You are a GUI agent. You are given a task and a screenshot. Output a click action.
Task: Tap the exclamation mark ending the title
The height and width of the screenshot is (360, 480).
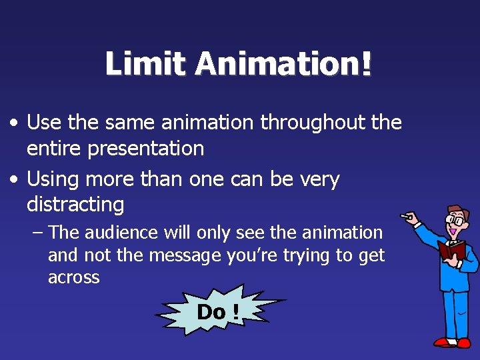coord(365,65)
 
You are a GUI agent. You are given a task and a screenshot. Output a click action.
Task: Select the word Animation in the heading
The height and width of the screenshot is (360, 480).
coord(275,65)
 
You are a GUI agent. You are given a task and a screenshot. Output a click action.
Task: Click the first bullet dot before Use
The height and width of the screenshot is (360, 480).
coord(15,123)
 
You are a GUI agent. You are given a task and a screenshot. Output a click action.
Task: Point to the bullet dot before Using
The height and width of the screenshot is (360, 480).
coord(15,180)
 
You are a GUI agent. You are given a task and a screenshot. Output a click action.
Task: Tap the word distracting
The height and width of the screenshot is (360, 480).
coord(75,204)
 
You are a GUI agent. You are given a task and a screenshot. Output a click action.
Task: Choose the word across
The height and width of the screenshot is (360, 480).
coord(73,277)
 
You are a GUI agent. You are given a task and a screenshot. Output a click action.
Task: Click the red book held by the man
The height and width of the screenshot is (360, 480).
coord(451,250)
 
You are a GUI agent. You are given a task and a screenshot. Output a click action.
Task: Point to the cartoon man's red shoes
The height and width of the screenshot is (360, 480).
coord(453,343)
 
